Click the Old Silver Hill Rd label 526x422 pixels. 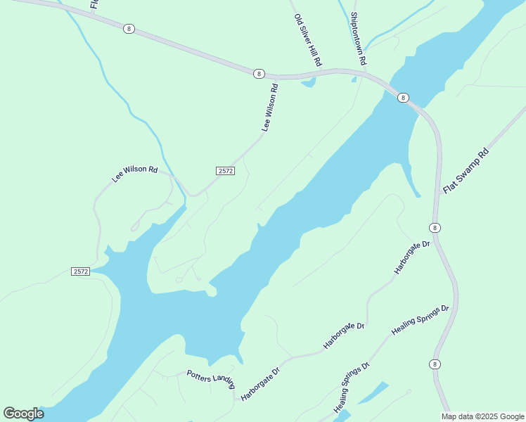307,41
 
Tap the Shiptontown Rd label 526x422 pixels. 359,39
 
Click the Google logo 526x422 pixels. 23,414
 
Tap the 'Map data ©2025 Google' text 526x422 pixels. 482,416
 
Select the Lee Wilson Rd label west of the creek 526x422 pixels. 134,174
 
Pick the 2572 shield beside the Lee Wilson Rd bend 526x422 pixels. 225,171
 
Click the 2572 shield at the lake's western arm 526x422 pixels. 80,271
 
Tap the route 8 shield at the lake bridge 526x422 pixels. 402,98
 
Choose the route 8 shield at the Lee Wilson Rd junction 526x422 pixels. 259,73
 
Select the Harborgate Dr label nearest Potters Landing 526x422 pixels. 260,383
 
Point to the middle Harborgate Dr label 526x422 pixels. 344,335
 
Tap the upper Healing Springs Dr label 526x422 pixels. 421,320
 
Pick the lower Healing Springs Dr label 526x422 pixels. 352,387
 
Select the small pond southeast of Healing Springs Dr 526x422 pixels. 372,393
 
